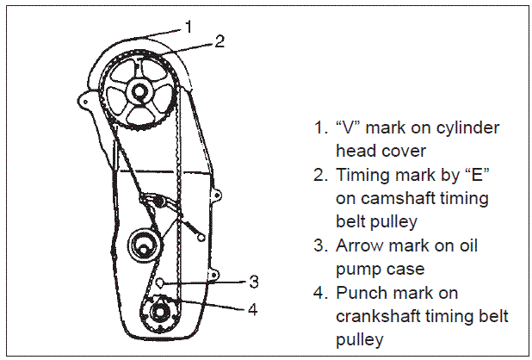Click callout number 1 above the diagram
pyautogui.click(x=188, y=27)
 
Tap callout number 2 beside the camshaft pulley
pyautogui.click(x=220, y=41)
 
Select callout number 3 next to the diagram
pyautogui.click(x=254, y=281)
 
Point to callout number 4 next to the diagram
pyautogui.click(x=254, y=307)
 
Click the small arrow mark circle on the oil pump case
pyautogui.click(x=161, y=282)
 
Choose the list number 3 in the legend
pyautogui.click(x=319, y=245)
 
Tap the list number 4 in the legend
pyautogui.click(x=319, y=293)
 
